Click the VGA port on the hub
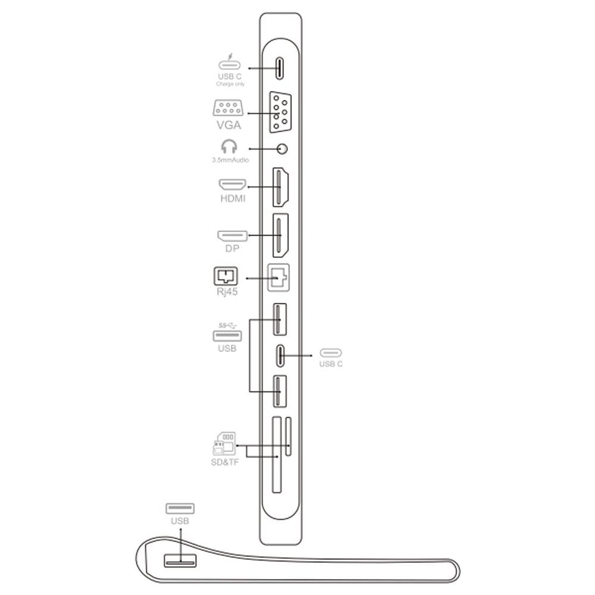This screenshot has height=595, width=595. pyautogui.click(x=280, y=112)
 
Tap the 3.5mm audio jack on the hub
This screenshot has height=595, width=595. pyautogui.click(x=281, y=149)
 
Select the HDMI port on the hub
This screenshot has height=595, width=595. pyautogui.click(x=280, y=187)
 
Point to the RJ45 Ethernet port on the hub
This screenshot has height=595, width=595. pyautogui.click(x=278, y=278)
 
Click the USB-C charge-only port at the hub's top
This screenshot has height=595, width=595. pyautogui.click(x=279, y=68)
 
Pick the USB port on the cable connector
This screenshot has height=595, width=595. pyautogui.click(x=180, y=560)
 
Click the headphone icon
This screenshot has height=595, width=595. pyautogui.click(x=229, y=146)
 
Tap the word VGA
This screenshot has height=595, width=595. pyautogui.click(x=229, y=125)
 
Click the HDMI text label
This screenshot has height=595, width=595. pyautogui.click(x=233, y=198)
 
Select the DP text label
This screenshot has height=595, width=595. pyautogui.click(x=232, y=248)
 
